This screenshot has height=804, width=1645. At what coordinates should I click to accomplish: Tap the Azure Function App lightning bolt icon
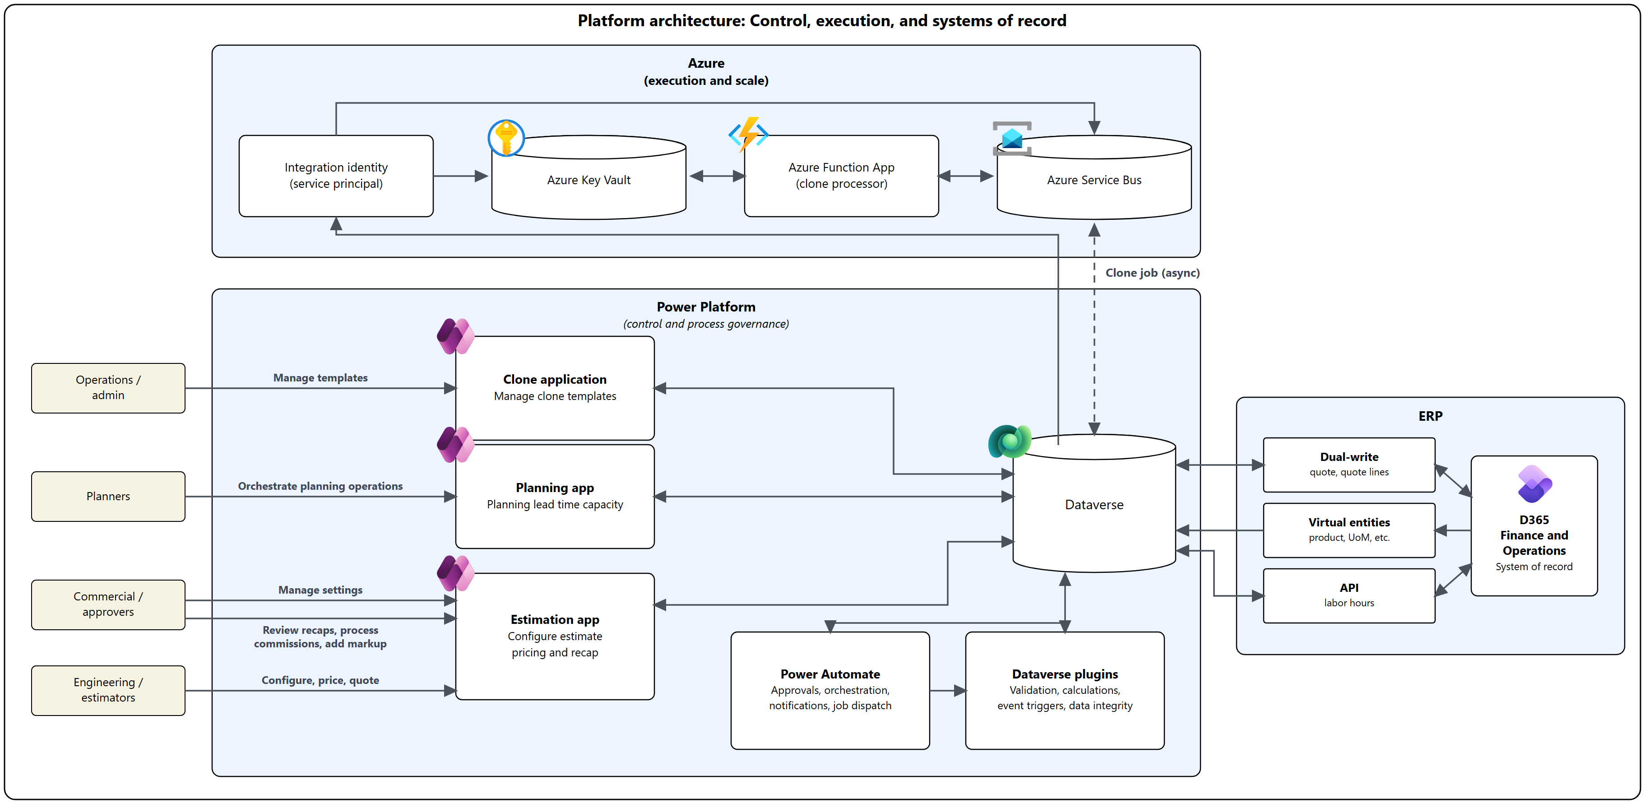(748, 134)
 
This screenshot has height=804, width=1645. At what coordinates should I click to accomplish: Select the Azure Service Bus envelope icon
(1012, 139)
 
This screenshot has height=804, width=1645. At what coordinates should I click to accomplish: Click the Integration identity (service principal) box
(336, 176)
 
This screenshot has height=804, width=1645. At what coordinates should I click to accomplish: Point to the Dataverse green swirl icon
(1010, 441)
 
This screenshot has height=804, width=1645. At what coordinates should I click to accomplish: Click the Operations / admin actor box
(108, 388)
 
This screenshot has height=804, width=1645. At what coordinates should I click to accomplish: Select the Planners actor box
(108, 496)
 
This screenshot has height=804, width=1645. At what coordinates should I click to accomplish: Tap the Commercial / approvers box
(108, 604)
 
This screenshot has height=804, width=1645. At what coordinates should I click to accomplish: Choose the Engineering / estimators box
(108, 690)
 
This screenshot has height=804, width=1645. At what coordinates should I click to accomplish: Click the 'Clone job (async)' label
(1152, 273)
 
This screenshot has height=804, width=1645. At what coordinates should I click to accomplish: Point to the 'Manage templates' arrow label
(320, 377)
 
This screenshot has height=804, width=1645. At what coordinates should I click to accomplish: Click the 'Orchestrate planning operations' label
(320, 486)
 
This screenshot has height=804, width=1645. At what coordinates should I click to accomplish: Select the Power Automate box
(830, 690)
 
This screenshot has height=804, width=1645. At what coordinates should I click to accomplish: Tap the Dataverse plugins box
(1065, 690)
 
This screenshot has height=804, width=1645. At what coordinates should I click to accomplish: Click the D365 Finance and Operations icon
(1534, 483)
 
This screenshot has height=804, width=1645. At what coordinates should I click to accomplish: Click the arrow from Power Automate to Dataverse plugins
(948, 690)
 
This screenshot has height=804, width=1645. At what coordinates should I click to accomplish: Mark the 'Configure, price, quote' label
(320, 680)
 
